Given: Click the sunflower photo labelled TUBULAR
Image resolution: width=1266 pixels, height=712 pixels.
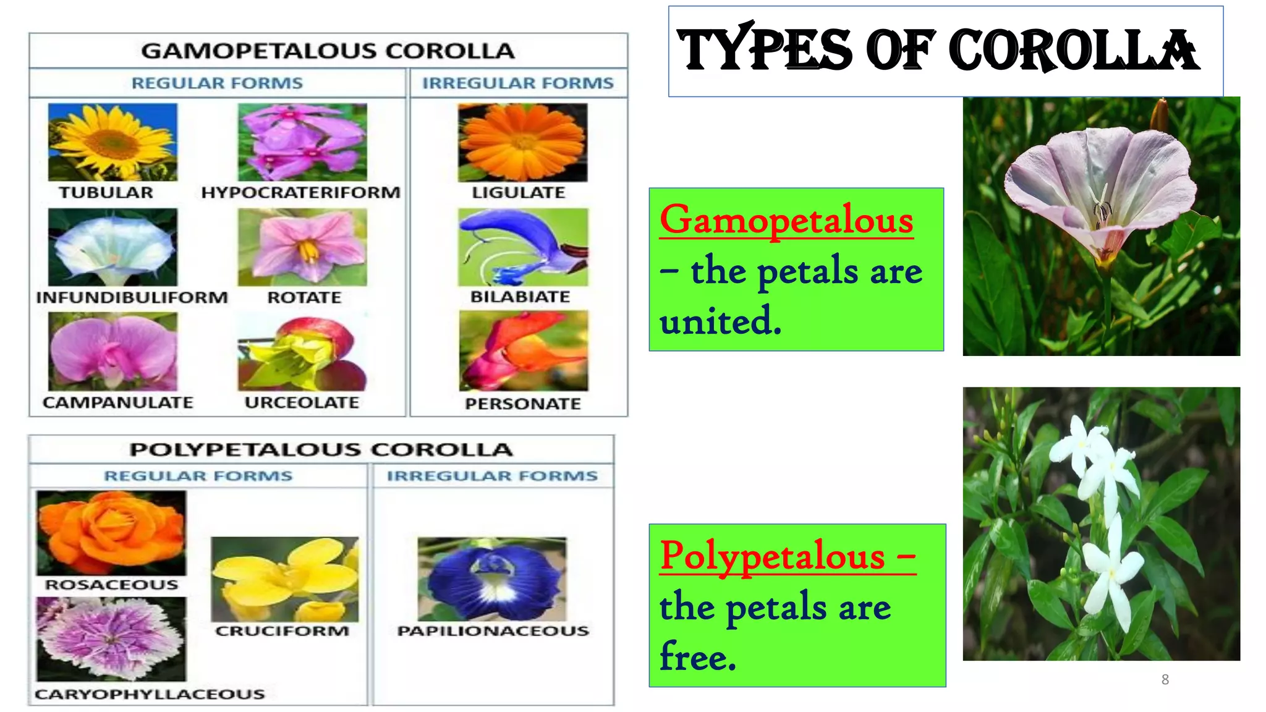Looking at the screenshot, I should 113,142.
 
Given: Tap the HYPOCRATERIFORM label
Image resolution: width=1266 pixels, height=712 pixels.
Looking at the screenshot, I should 301,193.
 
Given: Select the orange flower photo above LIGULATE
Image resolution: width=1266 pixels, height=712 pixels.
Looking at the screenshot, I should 523,142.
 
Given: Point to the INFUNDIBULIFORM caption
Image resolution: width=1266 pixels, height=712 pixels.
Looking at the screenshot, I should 132,298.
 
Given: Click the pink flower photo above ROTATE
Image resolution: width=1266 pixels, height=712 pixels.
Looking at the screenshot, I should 302,247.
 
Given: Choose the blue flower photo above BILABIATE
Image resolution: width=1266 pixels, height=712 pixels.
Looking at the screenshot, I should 523,247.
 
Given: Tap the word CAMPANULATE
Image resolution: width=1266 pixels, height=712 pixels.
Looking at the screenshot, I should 118,403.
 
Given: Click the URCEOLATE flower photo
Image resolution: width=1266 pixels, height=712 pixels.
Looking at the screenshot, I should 302,352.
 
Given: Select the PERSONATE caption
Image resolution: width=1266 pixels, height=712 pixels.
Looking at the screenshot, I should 523,404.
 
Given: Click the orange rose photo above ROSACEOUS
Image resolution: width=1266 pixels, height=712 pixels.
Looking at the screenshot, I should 111,533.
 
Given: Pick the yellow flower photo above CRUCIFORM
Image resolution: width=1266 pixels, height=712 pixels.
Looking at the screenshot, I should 285,579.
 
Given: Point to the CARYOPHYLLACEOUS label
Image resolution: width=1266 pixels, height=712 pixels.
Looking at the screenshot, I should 150,695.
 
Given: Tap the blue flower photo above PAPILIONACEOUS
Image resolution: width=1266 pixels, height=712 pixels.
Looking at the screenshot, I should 492,579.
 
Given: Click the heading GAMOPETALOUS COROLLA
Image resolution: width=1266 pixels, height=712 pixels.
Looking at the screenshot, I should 328,51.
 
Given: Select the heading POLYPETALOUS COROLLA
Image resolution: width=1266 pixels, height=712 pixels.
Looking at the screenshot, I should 321,449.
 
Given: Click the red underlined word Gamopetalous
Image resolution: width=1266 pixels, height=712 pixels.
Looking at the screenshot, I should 786,221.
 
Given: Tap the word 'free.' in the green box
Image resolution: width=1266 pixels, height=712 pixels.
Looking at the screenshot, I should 698,657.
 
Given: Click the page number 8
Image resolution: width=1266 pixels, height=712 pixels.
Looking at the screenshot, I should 1165,680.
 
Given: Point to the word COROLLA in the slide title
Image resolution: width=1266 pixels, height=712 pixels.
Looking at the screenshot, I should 1074,51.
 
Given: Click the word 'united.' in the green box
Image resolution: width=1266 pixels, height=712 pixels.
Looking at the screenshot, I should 720,321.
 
